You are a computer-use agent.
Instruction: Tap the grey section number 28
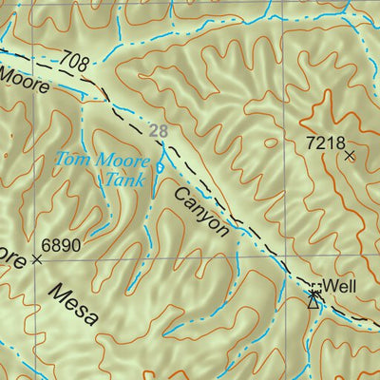click(158, 130)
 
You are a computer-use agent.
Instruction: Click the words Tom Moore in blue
click(94, 159)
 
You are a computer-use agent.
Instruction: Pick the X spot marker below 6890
click(38, 258)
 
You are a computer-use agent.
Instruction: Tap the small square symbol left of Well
click(316, 285)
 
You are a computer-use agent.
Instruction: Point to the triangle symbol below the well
click(313, 300)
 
